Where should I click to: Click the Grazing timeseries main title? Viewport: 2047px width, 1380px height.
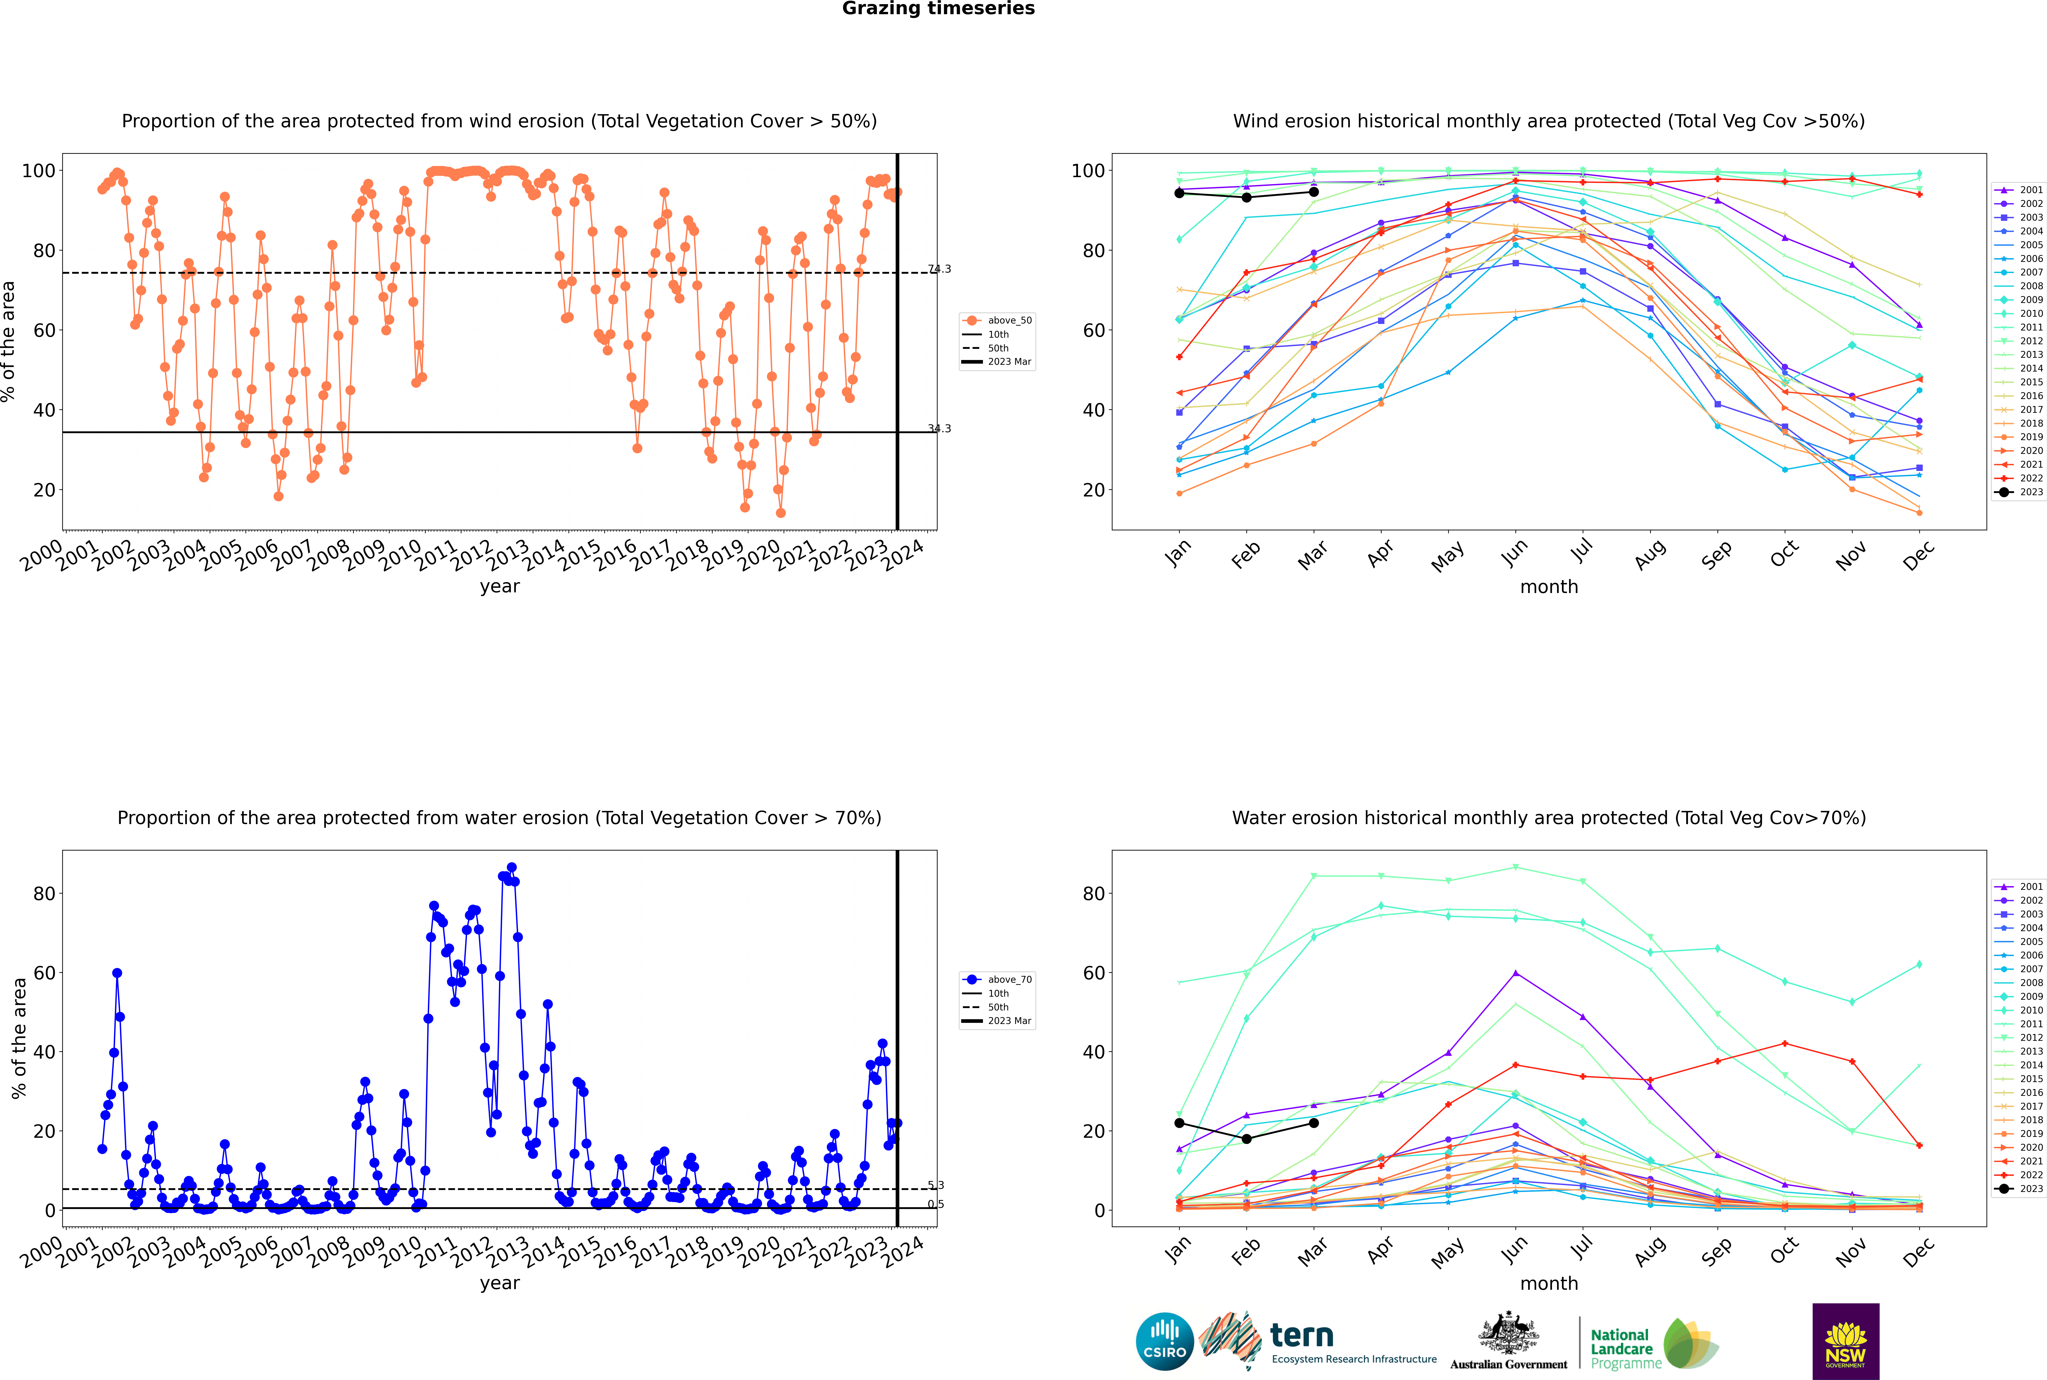[x=938, y=9]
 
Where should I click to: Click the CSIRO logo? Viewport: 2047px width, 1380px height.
[x=1164, y=1341]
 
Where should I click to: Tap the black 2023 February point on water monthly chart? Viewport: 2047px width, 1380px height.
[x=1246, y=1139]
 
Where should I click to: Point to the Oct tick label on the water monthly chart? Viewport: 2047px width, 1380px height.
[x=1784, y=1250]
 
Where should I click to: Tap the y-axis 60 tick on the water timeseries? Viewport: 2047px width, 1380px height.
[x=44, y=972]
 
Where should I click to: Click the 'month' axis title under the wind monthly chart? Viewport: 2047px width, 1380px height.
[x=1549, y=587]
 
